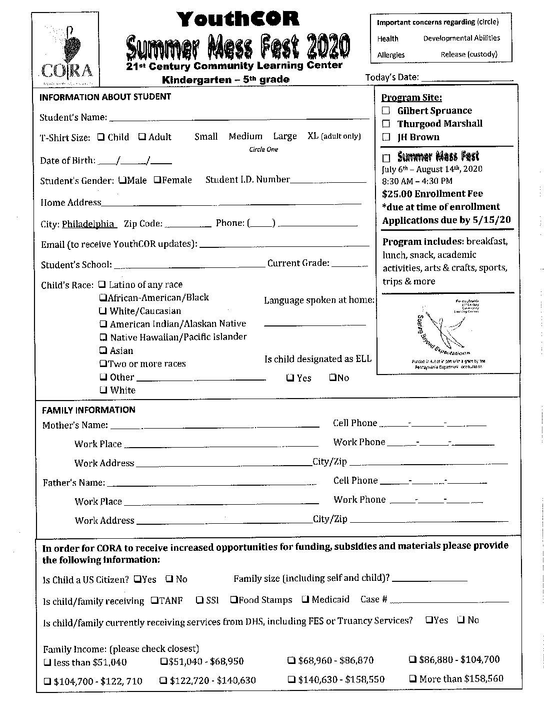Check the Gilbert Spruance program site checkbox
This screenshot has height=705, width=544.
pos(386,111)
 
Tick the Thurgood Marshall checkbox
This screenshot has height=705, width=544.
pos(386,124)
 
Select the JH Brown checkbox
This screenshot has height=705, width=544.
pos(386,137)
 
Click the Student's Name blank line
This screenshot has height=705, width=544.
pos(239,118)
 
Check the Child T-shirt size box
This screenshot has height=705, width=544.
pos(101,137)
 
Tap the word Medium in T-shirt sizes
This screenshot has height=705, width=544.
pos(245,136)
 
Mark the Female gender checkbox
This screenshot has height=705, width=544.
pos(157,180)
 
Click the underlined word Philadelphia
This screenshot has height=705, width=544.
pos(88,224)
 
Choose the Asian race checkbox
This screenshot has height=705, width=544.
pos(103,350)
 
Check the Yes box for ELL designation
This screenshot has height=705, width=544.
pos(290,378)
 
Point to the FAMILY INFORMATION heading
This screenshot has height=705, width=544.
pos(88,410)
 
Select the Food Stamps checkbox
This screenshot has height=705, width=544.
pos(233,599)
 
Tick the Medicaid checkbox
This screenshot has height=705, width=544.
pos(305,599)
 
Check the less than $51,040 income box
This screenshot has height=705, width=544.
pos(47,662)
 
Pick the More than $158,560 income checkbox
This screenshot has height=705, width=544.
pos(413,679)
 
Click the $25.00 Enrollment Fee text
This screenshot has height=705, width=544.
pos(432,194)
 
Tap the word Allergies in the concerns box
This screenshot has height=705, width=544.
pos(391,55)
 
